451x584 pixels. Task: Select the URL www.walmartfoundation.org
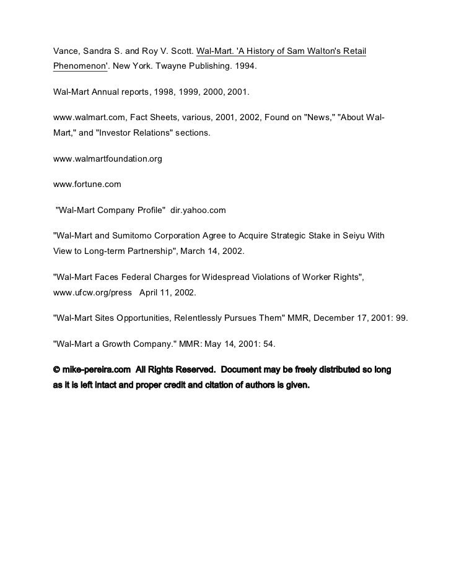(108, 159)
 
